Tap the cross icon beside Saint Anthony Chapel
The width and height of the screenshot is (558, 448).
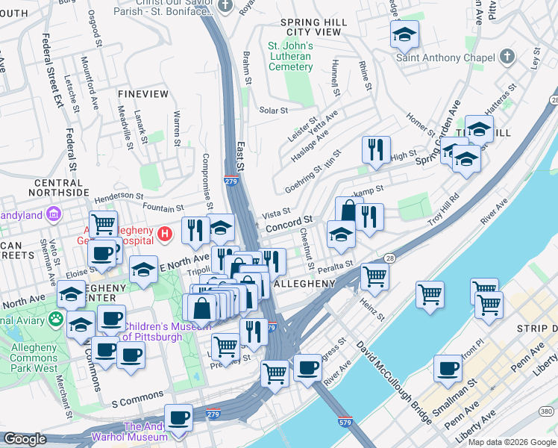(x=507, y=57)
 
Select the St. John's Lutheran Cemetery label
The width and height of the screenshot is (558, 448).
(x=290, y=57)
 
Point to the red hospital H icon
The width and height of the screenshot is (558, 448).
(x=166, y=234)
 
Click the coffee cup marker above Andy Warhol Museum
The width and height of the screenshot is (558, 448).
(x=178, y=417)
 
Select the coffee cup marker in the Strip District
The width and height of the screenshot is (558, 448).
(x=448, y=368)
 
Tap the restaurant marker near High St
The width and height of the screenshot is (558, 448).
(x=376, y=149)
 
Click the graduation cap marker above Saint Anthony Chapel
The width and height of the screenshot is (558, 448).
(x=404, y=34)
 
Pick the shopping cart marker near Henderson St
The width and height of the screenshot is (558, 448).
(x=103, y=222)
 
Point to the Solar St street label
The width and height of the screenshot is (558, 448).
(x=273, y=111)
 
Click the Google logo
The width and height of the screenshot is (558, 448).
(x=25, y=439)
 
